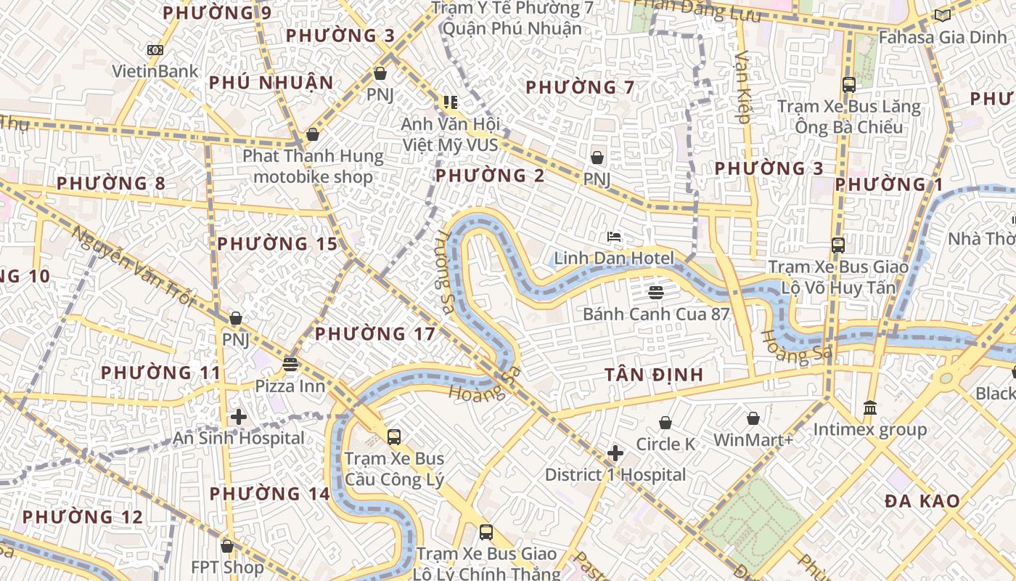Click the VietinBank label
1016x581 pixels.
coord(155,71)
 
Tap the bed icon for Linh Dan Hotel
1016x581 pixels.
coord(614,236)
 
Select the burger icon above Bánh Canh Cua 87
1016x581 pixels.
coord(656,293)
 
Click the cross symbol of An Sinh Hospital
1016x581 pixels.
coord(238,417)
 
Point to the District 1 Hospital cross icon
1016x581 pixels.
coord(615,453)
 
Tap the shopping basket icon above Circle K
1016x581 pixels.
coord(665,423)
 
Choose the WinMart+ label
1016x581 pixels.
coord(753,440)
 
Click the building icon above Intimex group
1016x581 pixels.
coord(869,408)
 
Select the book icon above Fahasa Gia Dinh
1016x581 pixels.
coord(942,15)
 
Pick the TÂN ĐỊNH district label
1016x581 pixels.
coord(654,375)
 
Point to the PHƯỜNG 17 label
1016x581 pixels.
coord(375,334)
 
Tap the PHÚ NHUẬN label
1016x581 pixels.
coord(271,83)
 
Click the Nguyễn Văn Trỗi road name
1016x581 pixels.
coord(134,267)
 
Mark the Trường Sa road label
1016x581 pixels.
coord(443,272)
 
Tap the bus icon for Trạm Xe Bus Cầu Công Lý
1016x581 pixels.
coord(393,437)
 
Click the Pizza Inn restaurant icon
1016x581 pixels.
coord(290,364)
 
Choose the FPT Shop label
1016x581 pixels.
coord(227,567)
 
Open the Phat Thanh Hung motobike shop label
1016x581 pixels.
coord(313,166)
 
